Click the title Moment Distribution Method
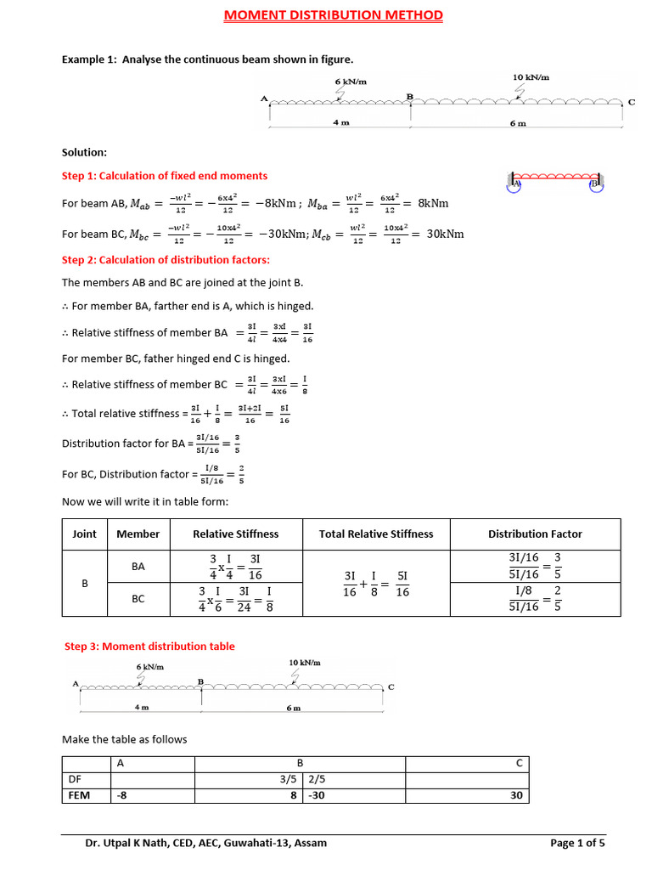333,15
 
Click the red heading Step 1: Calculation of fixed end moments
165,176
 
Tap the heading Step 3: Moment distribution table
149,647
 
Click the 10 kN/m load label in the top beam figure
531,77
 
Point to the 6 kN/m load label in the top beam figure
351,81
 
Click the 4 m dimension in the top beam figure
341,122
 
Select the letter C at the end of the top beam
631,102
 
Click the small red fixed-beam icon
557,180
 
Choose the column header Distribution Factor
535,534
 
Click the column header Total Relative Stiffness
376,534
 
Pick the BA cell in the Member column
138,566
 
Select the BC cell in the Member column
138,599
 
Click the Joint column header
85,534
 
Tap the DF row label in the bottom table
75,779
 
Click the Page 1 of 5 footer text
577,844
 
